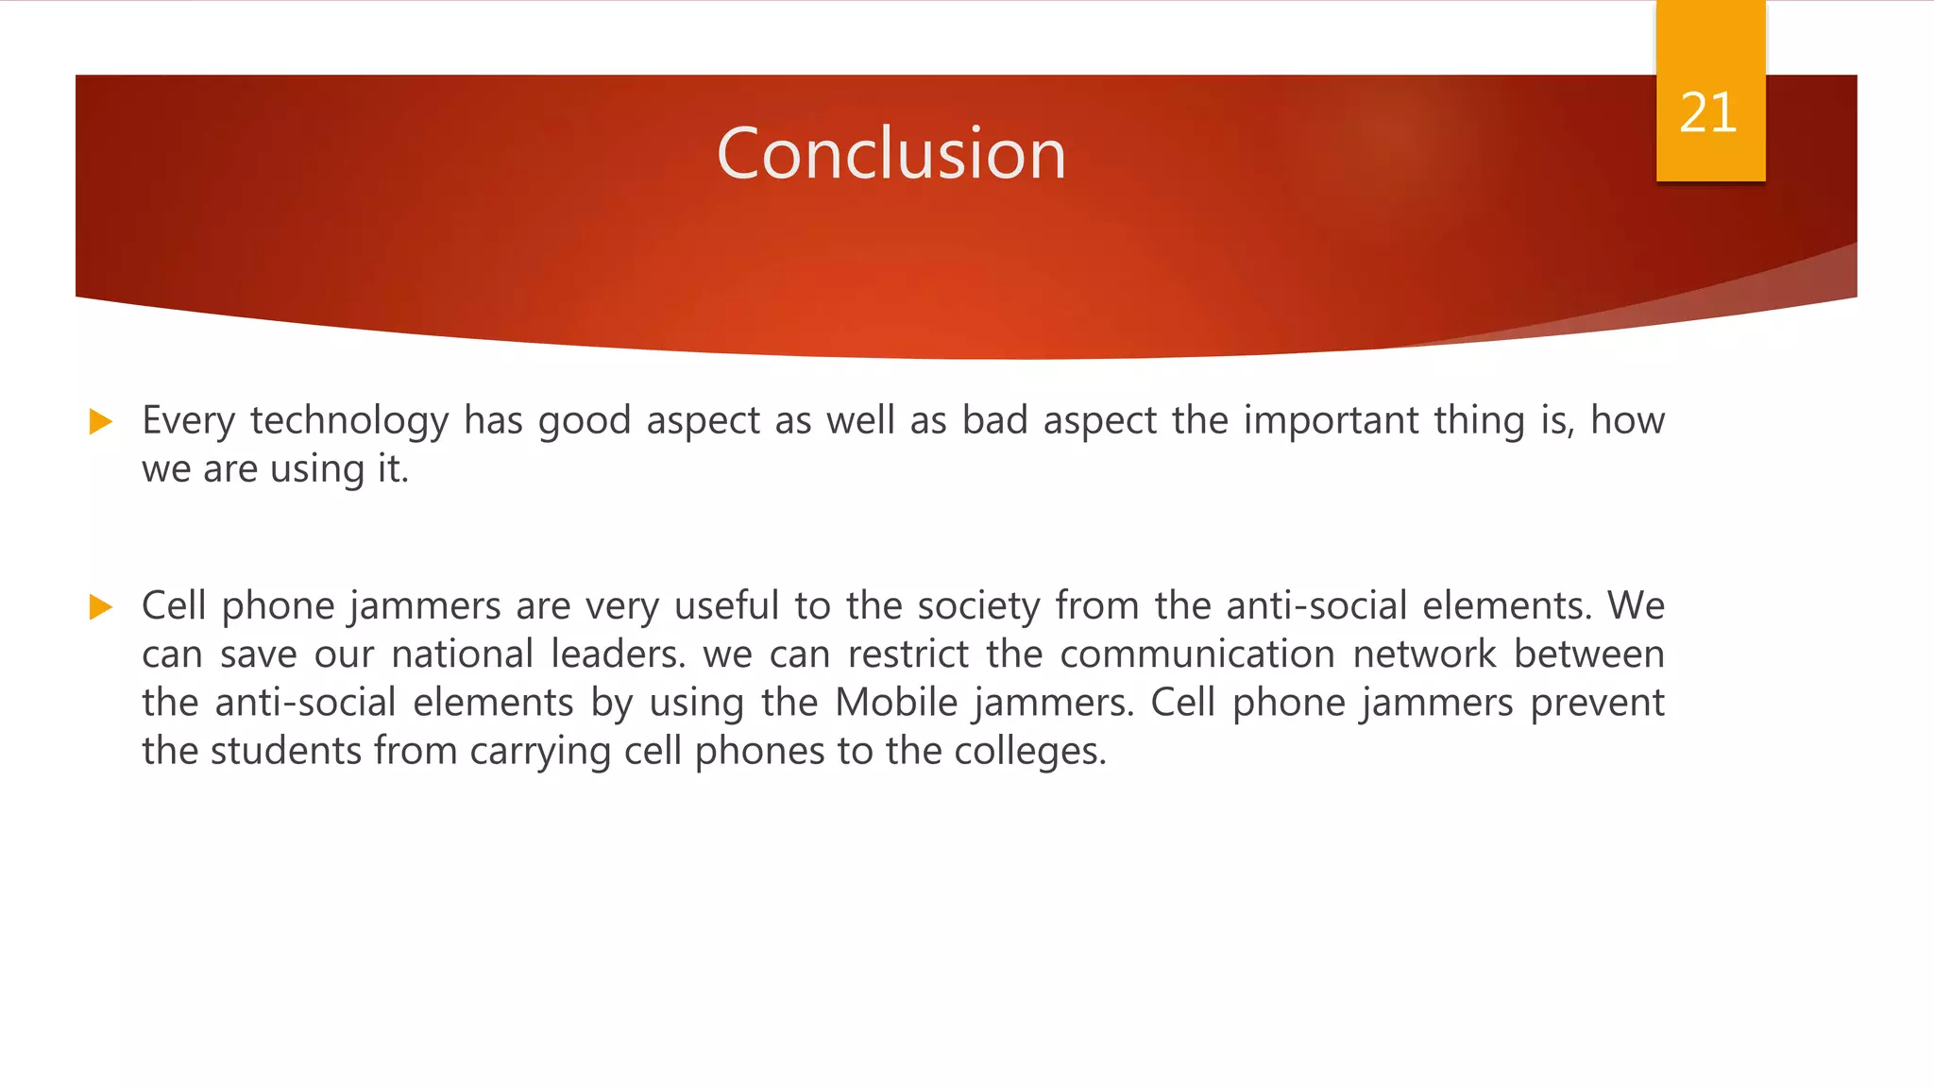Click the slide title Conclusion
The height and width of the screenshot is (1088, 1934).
(891, 153)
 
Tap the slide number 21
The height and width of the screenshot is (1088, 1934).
(1708, 113)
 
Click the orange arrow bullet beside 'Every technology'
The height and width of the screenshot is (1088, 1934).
(100, 421)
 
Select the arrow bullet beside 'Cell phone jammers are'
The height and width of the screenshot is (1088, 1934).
(100, 606)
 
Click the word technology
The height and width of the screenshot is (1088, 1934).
(349, 421)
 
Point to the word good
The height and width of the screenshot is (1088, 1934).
(585, 421)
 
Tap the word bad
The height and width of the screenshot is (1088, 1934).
(994, 421)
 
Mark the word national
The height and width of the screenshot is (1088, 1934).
(463, 654)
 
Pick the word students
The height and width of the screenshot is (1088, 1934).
(285, 752)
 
